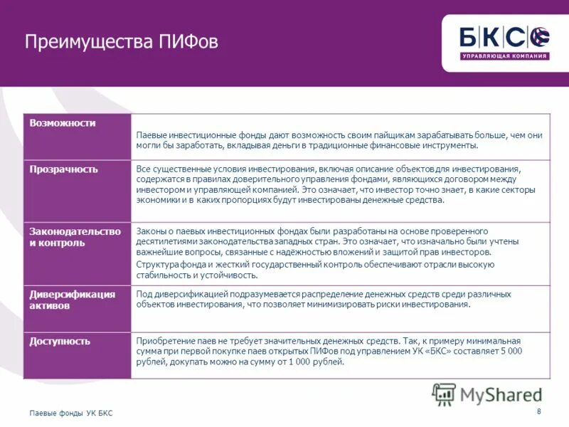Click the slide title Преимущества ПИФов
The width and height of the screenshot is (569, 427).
(121, 42)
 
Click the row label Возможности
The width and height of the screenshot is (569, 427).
(63, 123)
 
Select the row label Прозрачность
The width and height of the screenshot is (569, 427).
(64, 169)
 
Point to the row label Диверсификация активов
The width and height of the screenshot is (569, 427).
(72, 300)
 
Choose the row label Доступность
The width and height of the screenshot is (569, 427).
(60, 341)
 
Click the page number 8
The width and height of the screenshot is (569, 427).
(538, 412)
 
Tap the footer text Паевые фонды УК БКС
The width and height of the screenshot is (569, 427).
(70, 413)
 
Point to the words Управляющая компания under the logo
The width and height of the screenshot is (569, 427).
(505, 56)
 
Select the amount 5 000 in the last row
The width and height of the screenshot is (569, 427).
(510, 352)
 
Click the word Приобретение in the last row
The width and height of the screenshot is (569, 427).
(163, 341)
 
